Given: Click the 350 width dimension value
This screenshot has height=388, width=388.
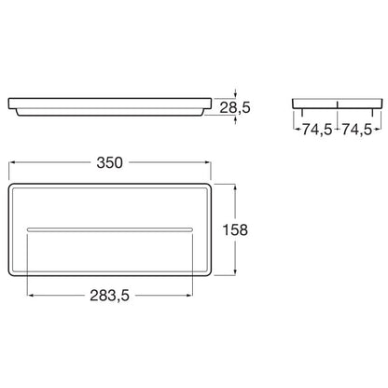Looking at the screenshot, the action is tap(109, 162).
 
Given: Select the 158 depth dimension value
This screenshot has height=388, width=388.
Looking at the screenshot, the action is tap(235, 230).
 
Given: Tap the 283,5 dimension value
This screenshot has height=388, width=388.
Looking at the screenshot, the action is tap(109, 296).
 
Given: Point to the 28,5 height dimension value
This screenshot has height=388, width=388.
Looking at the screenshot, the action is tap(235, 107).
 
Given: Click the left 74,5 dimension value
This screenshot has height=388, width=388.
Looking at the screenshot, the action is tap(317, 130).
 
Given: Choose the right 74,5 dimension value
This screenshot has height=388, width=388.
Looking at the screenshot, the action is tap(357, 130).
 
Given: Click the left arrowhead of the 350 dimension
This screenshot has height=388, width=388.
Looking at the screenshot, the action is tap(11, 162).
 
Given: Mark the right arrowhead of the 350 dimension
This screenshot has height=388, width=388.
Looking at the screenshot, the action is tap(208, 162).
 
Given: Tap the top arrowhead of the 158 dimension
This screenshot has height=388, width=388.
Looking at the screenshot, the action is tap(235, 187).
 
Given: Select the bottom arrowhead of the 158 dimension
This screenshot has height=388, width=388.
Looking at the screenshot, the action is tap(235, 272).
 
